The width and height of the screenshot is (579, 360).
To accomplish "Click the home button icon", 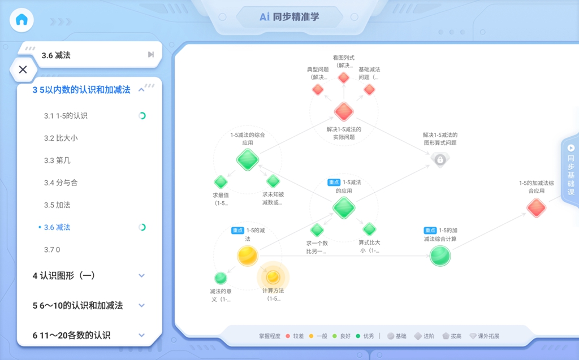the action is click(x=22, y=20).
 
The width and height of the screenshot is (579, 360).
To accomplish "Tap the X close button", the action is click(x=23, y=70).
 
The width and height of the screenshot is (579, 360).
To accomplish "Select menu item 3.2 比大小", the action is click(x=61, y=138).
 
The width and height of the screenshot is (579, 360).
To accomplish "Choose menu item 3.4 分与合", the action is click(x=61, y=183).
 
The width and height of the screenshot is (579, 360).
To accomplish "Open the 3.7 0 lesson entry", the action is click(x=52, y=250).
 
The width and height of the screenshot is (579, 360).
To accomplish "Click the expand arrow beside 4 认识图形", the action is click(x=141, y=275).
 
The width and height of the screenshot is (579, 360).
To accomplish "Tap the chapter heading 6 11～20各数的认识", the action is click(x=71, y=335).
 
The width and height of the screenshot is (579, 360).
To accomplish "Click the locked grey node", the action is click(x=440, y=160).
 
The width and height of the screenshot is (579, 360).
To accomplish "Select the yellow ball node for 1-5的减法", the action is click(x=248, y=255).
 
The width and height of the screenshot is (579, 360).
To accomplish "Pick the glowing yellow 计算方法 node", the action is click(x=273, y=277).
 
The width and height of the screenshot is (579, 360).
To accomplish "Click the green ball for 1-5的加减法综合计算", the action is click(x=440, y=255).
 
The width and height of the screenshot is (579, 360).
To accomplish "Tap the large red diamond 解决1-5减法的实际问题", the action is click(x=344, y=111).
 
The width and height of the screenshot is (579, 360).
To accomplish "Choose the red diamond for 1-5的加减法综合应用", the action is click(x=536, y=207).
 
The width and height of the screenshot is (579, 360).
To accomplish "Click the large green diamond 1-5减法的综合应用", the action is click(x=248, y=160).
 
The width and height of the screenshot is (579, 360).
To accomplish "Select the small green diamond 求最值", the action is click(x=221, y=182).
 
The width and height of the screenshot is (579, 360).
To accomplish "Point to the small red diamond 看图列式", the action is click(x=344, y=77).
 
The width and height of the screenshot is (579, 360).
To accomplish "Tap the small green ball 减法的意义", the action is click(x=221, y=277).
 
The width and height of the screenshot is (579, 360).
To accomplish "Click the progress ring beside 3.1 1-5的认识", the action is click(x=142, y=116).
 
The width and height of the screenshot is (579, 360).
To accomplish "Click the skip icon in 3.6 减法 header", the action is click(x=150, y=55).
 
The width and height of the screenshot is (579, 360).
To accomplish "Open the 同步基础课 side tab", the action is click(x=571, y=170).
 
